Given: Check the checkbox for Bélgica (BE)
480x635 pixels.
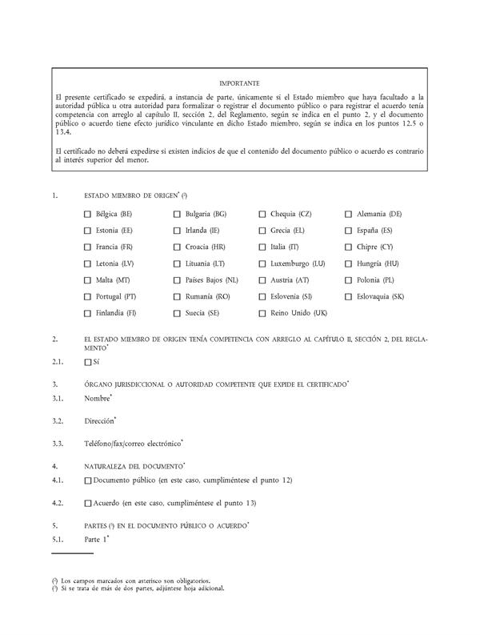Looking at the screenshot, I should pos(87,215).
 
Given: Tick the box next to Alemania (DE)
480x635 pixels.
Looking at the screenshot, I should pos(349,215).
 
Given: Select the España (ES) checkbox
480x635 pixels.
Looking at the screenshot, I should pos(349,231).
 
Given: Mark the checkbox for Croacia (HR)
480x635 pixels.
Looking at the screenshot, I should pos(178,247).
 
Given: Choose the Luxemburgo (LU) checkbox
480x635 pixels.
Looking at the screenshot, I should pos(263,263).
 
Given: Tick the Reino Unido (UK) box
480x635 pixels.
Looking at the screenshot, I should pos(263,313).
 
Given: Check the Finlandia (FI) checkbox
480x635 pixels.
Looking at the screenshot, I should pos(87,313).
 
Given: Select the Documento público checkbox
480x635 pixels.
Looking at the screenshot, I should pos(87,480).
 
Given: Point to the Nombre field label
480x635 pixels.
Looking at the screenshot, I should pos(98,398).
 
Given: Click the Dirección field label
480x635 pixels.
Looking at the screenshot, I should pos(100,420).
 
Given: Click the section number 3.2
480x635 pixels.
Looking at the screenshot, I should pos(57,420).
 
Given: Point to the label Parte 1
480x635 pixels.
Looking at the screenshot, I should pos(96,540).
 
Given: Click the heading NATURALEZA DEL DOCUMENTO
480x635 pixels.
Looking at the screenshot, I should pos(134,465).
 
